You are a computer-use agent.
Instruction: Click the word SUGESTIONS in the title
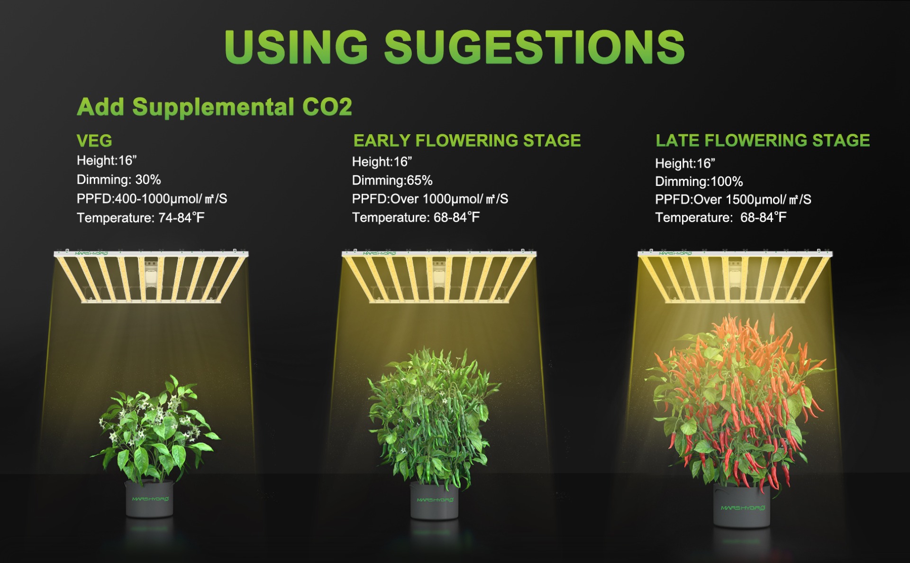click(x=535, y=46)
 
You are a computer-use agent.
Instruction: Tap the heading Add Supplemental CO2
click(x=214, y=107)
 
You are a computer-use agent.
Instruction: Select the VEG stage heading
click(x=94, y=141)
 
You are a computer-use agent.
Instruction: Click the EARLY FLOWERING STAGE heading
click(x=467, y=140)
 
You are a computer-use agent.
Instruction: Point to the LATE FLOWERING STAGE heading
click(x=763, y=140)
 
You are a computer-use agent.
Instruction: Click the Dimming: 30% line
click(x=119, y=180)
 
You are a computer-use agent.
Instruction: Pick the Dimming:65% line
click(x=392, y=181)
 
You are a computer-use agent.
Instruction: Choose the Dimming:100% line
click(x=699, y=182)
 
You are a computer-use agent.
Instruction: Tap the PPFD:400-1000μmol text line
click(x=152, y=199)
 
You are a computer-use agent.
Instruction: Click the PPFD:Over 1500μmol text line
click(x=733, y=200)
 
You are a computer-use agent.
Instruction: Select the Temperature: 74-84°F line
click(x=141, y=218)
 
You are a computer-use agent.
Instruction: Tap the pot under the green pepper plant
click(x=434, y=500)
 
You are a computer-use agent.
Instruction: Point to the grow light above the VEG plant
click(x=151, y=276)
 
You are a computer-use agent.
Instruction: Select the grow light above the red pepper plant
click(x=735, y=276)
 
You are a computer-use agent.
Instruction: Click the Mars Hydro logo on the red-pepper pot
click(x=743, y=508)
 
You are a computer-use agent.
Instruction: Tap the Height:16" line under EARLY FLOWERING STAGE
click(x=382, y=162)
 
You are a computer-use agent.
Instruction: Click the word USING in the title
click(x=296, y=46)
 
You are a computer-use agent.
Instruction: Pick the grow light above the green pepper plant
click(x=439, y=276)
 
